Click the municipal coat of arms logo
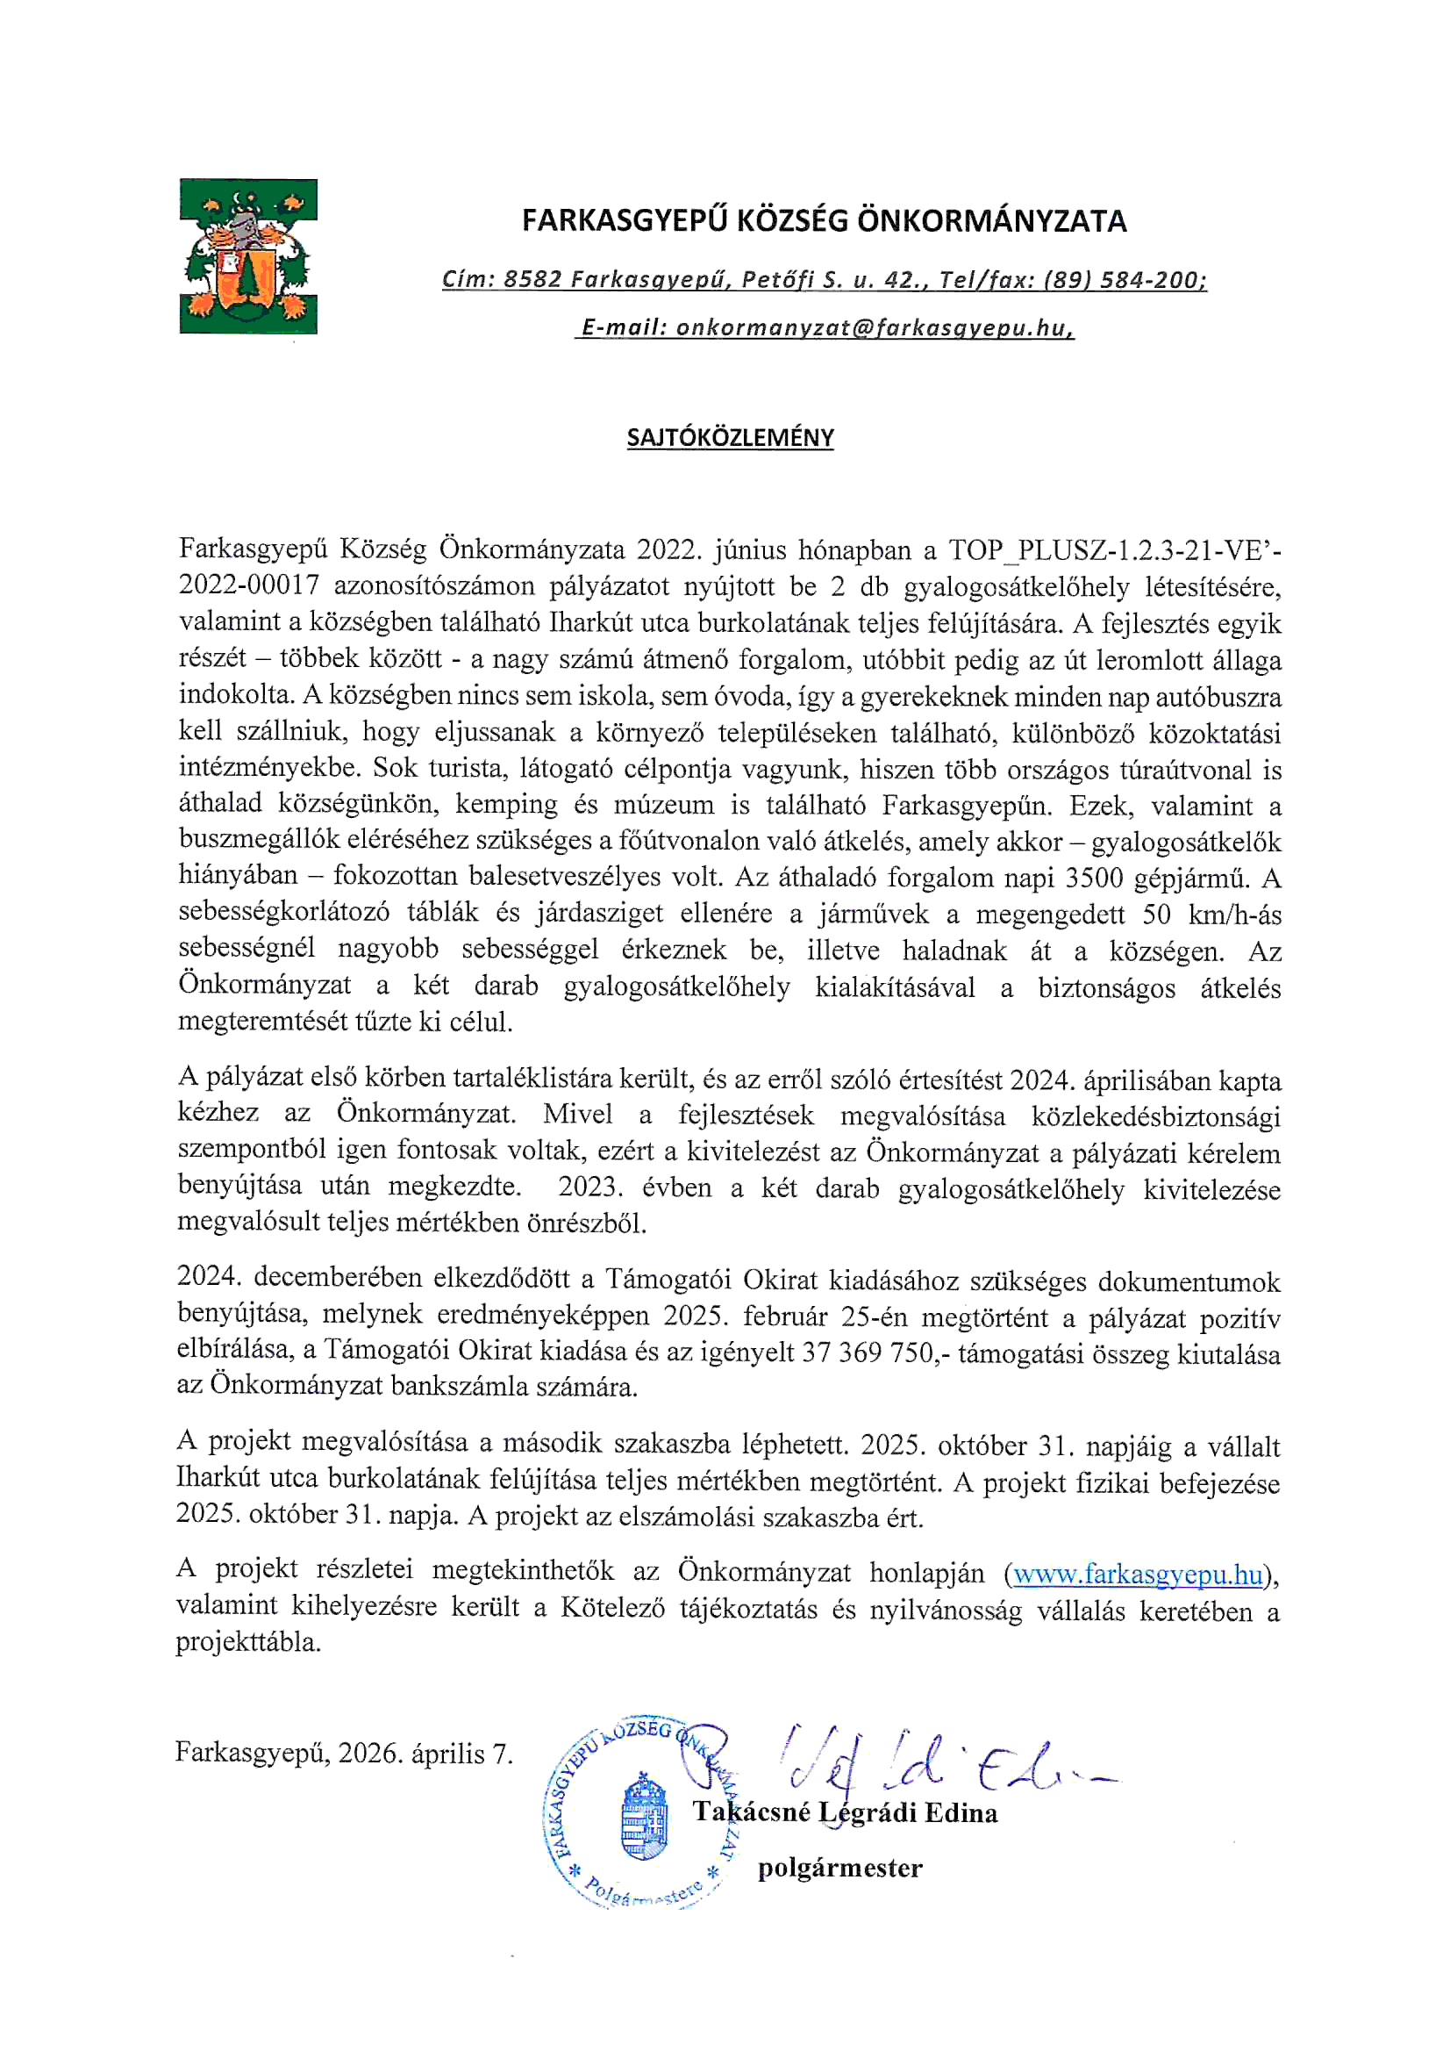point(248,256)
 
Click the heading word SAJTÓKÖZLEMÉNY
point(730,438)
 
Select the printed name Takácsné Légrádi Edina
point(845,1812)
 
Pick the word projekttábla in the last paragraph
point(247,1643)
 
